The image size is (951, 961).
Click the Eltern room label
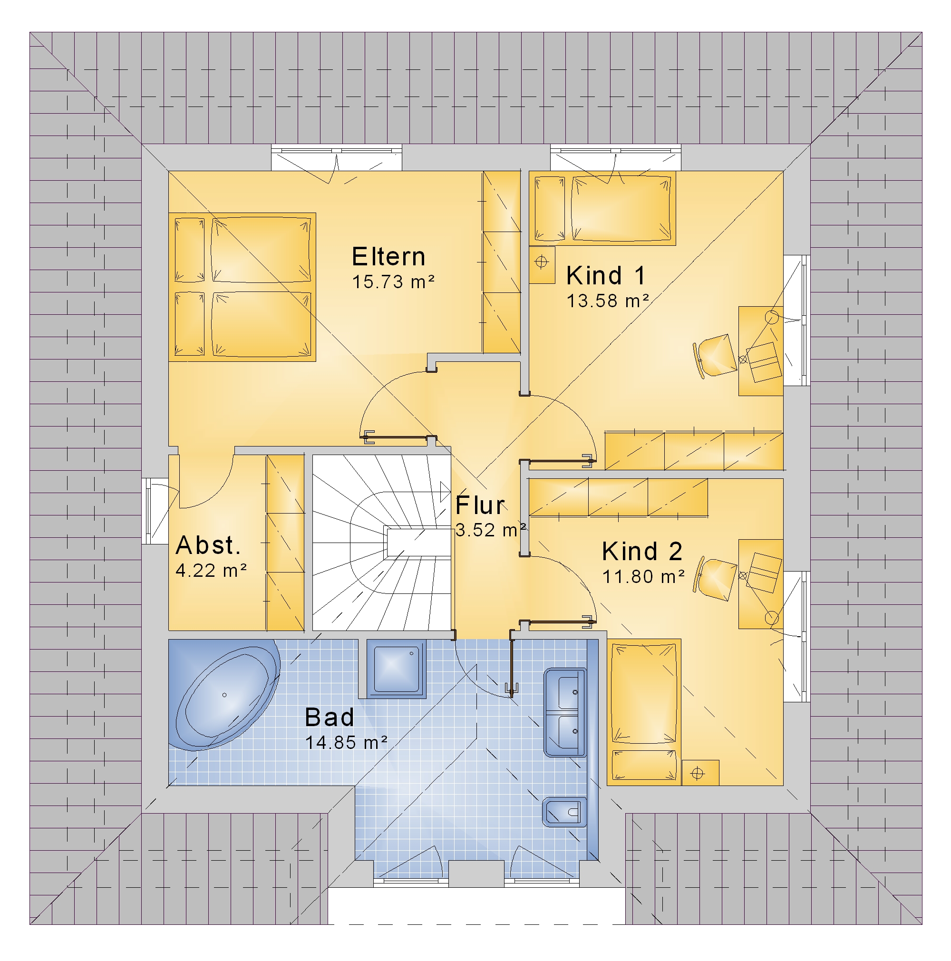coord(388,257)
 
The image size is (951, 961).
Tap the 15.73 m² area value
coord(393,282)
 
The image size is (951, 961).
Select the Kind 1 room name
coord(605,276)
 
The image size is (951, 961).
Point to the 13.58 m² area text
coord(608,301)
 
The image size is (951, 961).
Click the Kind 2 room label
coord(641,551)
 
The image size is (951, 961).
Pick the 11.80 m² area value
coord(643,576)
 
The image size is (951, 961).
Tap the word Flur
coord(479,505)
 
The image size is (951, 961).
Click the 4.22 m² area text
coord(211,571)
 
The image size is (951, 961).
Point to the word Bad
coord(329,717)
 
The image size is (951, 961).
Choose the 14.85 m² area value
coord(346,743)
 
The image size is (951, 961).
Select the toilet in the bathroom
coord(564,812)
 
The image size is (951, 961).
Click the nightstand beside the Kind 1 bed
coord(542,265)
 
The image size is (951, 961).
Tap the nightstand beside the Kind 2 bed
coord(700,773)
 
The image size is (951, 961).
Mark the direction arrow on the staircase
coord(445,492)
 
